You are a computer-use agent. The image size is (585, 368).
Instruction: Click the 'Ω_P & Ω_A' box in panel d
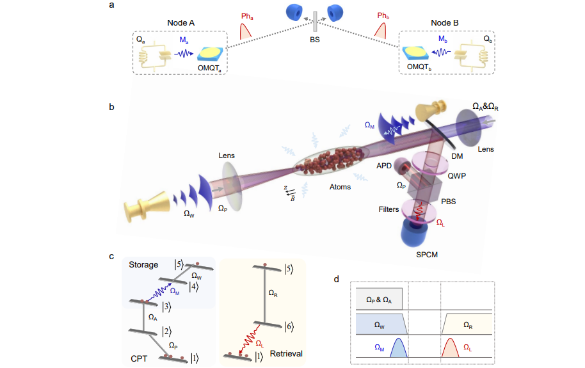tap(380, 300)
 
